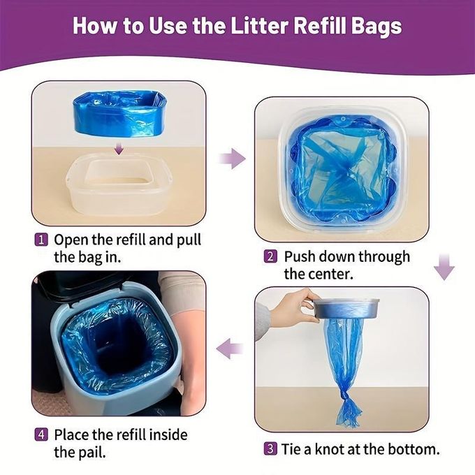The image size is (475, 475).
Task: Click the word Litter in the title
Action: (x=260, y=26)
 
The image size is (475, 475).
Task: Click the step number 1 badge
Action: (x=41, y=240)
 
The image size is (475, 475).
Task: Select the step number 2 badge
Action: (x=270, y=256)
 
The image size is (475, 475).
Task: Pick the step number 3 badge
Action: (x=270, y=448)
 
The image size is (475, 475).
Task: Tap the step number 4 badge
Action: (x=41, y=434)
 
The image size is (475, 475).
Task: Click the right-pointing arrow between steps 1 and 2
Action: (x=232, y=159)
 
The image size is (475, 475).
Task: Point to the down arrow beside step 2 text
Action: (x=444, y=267)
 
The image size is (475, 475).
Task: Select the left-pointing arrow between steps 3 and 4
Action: (x=230, y=349)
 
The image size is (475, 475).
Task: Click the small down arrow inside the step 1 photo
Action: (x=119, y=148)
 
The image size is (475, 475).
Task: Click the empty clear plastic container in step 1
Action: (x=119, y=185)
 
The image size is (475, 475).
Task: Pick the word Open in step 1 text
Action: (x=71, y=240)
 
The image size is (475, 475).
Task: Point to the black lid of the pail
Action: (x=91, y=283)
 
